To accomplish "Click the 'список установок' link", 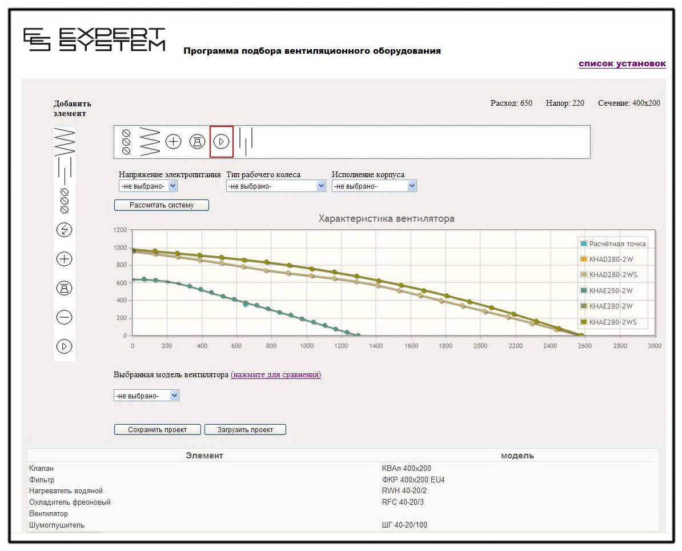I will (621, 63).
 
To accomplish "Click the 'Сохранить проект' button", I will (158, 429).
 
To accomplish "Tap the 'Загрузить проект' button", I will (245, 429).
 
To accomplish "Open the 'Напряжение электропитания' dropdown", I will (149, 186).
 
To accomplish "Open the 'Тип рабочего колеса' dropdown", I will (276, 186).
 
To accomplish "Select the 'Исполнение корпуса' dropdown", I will (374, 186).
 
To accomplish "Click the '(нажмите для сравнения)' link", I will (276, 375).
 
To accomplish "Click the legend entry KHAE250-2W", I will (611, 291).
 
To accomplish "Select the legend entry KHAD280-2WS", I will (613, 275).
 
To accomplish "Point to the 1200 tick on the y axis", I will (119, 230).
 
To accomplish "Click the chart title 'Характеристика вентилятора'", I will (386, 219).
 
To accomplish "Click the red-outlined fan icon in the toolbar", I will (222, 141).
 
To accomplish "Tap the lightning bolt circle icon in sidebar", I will (65, 230).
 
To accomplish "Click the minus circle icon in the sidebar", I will (65, 317).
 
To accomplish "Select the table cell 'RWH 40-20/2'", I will (404, 491).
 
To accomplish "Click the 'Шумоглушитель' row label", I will (57, 525).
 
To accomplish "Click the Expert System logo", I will (94, 39).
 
